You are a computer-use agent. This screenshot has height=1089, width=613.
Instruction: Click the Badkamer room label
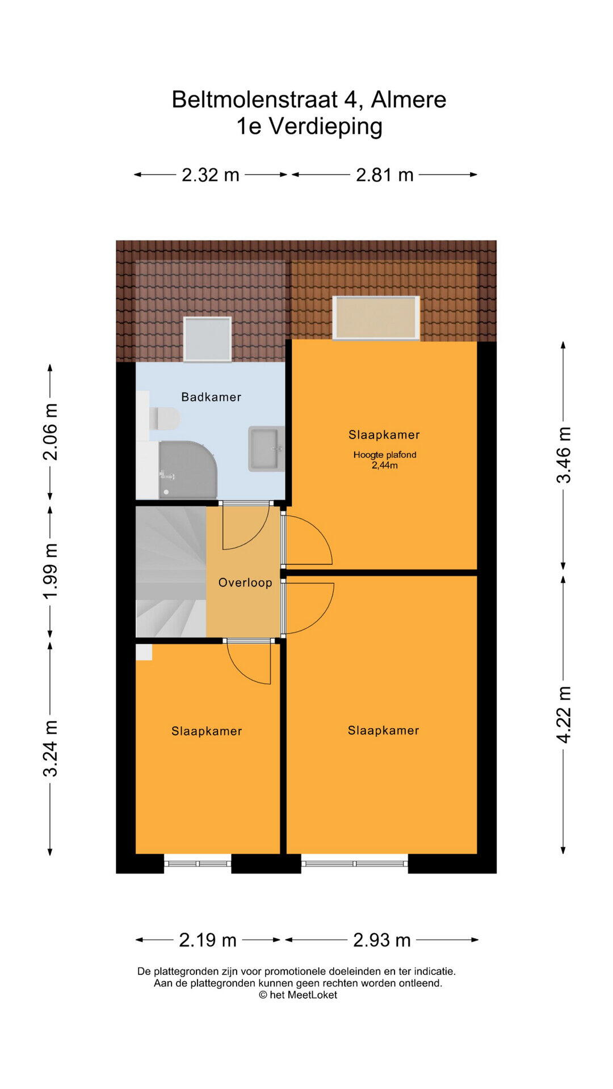click(211, 397)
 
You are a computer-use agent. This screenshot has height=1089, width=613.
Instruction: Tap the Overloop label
click(245, 583)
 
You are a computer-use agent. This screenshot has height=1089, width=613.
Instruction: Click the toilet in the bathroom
click(165, 419)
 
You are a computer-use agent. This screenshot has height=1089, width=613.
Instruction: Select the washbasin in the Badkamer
click(266, 449)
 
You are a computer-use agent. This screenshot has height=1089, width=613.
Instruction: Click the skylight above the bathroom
click(207, 339)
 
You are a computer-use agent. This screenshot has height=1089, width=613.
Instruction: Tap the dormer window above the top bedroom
click(376, 318)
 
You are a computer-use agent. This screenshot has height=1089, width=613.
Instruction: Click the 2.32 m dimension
click(211, 175)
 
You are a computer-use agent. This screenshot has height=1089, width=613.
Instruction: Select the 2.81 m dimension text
click(385, 175)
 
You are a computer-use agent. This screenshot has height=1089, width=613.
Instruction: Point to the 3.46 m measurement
click(564, 455)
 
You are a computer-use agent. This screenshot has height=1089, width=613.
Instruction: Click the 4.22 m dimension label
click(564, 715)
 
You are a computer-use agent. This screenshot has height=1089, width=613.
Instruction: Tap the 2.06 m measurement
click(51, 432)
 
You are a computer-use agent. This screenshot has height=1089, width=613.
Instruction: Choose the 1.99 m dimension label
click(51, 571)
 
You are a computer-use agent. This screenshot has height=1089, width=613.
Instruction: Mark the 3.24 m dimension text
click(51, 749)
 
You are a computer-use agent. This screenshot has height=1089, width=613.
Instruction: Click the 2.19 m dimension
click(208, 940)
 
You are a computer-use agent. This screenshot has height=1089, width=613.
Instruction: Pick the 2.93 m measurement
click(382, 940)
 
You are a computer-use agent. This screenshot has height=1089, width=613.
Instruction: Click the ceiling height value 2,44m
click(385, 466)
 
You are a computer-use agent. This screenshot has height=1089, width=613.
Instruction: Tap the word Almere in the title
click(409, 100)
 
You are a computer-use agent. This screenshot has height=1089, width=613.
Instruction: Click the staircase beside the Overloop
click(171, 571)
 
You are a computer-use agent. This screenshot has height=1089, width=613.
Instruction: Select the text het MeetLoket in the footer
click(304, 995)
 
